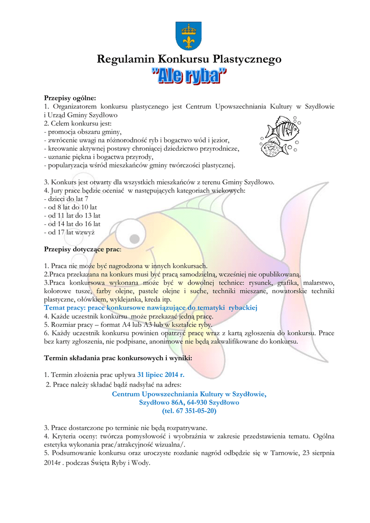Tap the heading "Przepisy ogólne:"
(70, 97)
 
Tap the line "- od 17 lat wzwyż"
(69, 232)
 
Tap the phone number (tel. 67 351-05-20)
(189, 411)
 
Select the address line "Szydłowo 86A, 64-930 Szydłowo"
(189, 402)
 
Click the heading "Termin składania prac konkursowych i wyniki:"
(118, 358)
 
